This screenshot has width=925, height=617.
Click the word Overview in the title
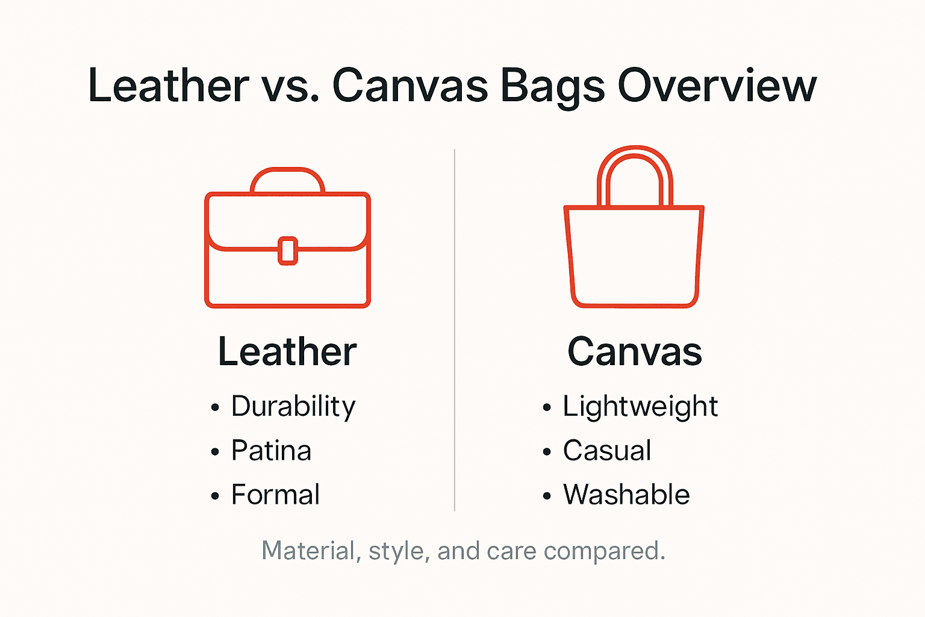717,86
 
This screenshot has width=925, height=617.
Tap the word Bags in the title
552,86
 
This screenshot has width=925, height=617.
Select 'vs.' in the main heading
290,86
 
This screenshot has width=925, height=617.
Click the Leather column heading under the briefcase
287,351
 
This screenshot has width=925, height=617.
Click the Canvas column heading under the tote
635,351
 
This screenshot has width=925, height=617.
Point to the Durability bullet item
293,406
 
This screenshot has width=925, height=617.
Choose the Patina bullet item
271,451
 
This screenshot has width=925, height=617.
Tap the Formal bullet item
275,495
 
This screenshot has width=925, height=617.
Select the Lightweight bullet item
640,406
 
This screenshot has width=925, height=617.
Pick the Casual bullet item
607,451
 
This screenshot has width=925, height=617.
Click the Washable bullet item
626,495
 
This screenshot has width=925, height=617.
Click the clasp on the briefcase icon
288,251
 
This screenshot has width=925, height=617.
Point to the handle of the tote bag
635,158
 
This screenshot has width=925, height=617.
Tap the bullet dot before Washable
547,496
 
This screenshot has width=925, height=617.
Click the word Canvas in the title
410,86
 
